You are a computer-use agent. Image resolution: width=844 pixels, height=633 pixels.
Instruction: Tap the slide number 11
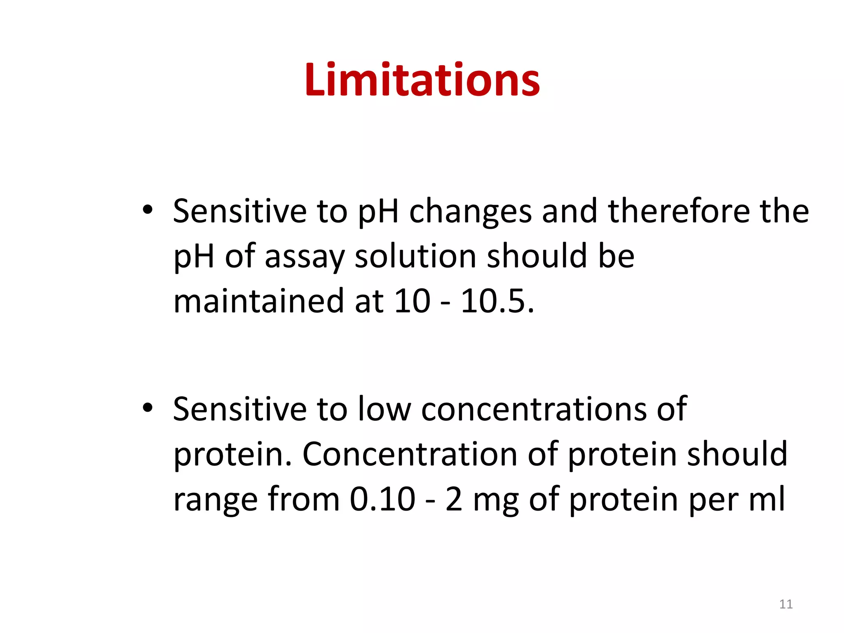(786, 604)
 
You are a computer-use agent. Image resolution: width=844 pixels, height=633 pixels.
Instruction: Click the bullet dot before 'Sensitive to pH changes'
(147, 210)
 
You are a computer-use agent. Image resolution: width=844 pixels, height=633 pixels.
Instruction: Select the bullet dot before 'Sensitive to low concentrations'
(147, 408)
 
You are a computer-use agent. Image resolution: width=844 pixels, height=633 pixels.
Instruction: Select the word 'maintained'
(258, 301)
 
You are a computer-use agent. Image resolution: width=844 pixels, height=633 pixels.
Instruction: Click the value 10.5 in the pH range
(497, 301)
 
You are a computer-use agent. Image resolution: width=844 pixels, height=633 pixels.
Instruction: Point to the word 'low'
(384, 409)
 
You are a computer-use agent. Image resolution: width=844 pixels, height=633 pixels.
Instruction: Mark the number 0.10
(382, 499)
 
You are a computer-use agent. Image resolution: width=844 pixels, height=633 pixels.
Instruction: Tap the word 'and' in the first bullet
(570, 211)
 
